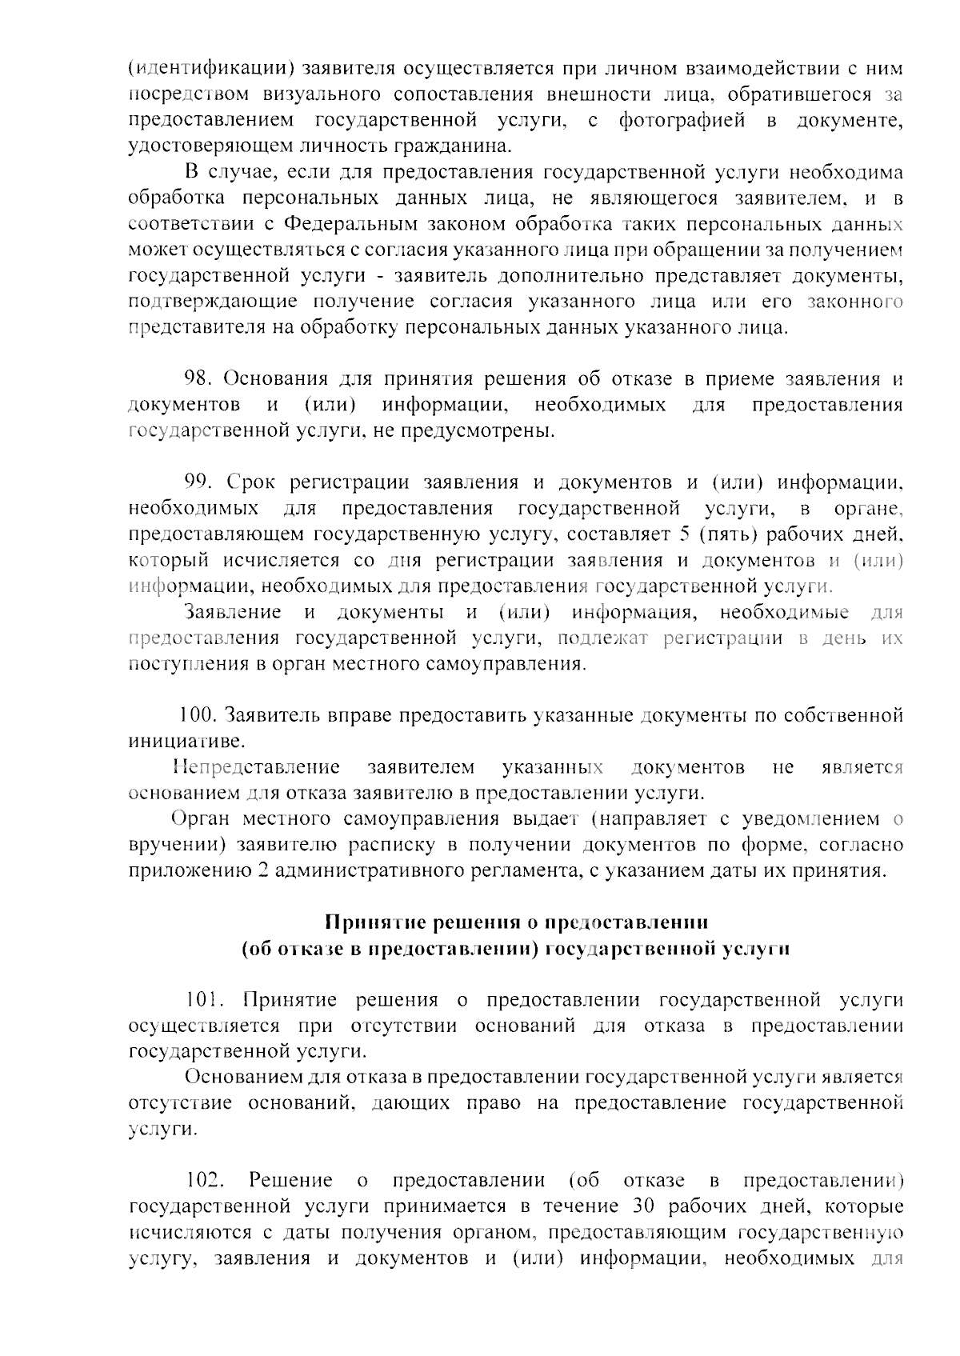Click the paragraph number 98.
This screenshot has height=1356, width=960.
197,379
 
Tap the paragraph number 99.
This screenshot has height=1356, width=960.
197,482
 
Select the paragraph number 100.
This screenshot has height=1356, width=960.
197,714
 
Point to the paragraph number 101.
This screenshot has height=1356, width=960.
201,1000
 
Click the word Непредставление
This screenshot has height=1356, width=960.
256,768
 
